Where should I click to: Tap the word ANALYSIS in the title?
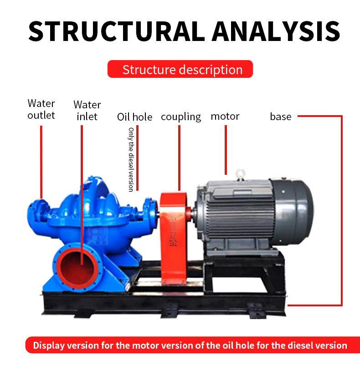pyautogui.click(x=276, y=31)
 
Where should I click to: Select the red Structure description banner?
pyautogui.click(x=180, y=69)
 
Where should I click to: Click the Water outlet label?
pyautogui.click(x=41, y=109)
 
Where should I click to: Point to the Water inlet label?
pyautogui.click(x=87, y=111)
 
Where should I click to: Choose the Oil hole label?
pyautogui.click(x=134, y=117)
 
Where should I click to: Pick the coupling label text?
pyautogui.click(x=181, y=117)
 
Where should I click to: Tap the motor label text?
pyautogui.click(x=225, y=116)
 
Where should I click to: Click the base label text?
pyautogui.click(x=281, y=117)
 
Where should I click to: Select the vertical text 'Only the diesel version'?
pyautogui.click(x=131, y=159)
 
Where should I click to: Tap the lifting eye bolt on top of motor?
pyautogui.click(x=241, y=175)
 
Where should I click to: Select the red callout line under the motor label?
pyautogui.click(x=226, y=150)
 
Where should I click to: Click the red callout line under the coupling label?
pyautogui.click(x=179, y=158)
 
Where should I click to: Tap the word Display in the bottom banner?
pyautogui.click(x=49, y=346)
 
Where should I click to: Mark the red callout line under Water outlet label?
pyautogui.click(x=41, y=162)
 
